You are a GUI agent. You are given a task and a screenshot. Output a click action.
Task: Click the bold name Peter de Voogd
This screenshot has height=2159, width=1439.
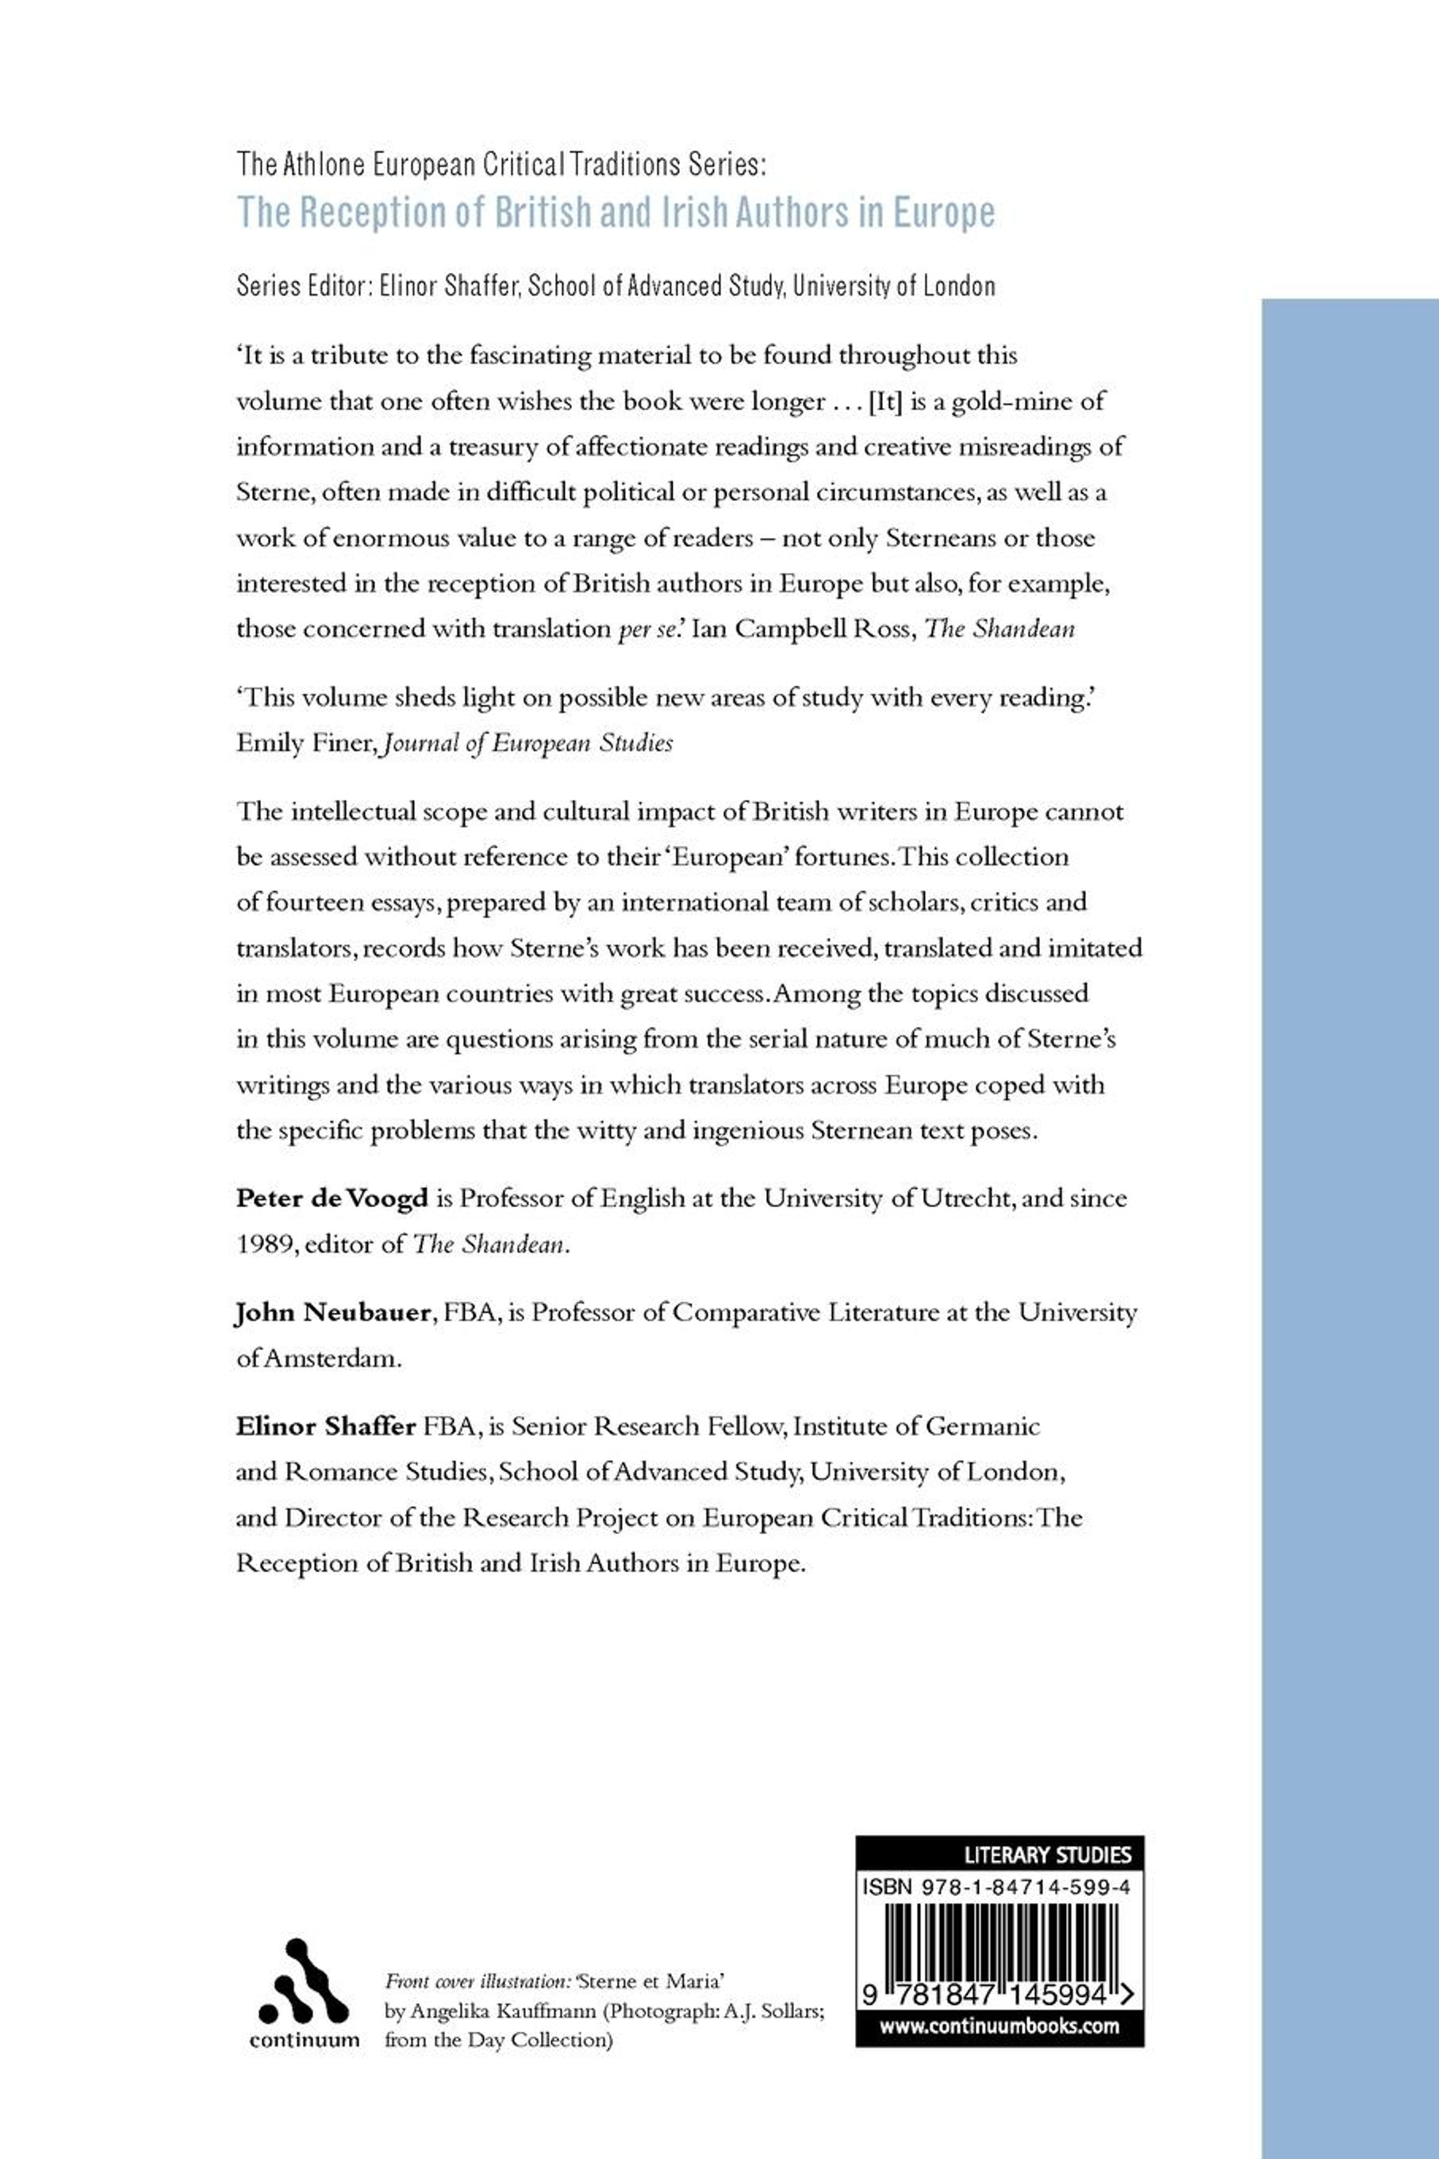click(x=332, y=1199)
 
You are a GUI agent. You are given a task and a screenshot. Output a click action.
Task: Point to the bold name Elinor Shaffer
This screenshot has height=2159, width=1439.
click(x=326, y=1427)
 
